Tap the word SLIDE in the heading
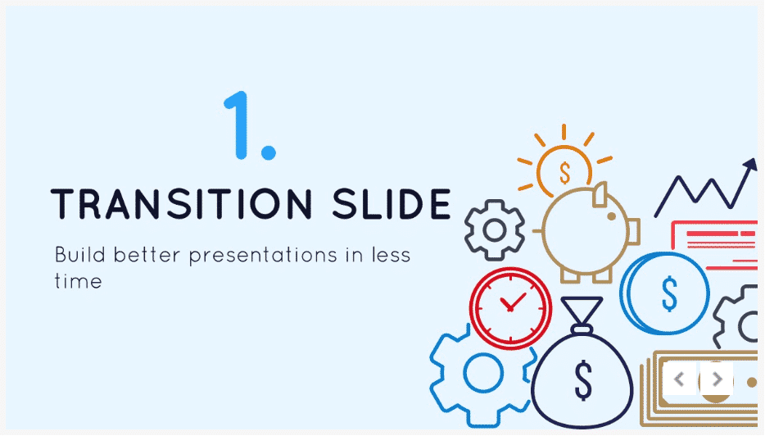(392, 203)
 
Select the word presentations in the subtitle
(263, 256)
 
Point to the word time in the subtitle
(78, 281)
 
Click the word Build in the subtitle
(80, 254)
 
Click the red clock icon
(510, 308)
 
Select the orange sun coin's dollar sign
(565, 172)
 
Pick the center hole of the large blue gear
(482, 373)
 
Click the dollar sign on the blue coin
(669, 293)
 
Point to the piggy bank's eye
(611, 216)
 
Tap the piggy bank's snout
(633, 231)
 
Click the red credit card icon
(714, 245)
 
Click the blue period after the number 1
(269, 152)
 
